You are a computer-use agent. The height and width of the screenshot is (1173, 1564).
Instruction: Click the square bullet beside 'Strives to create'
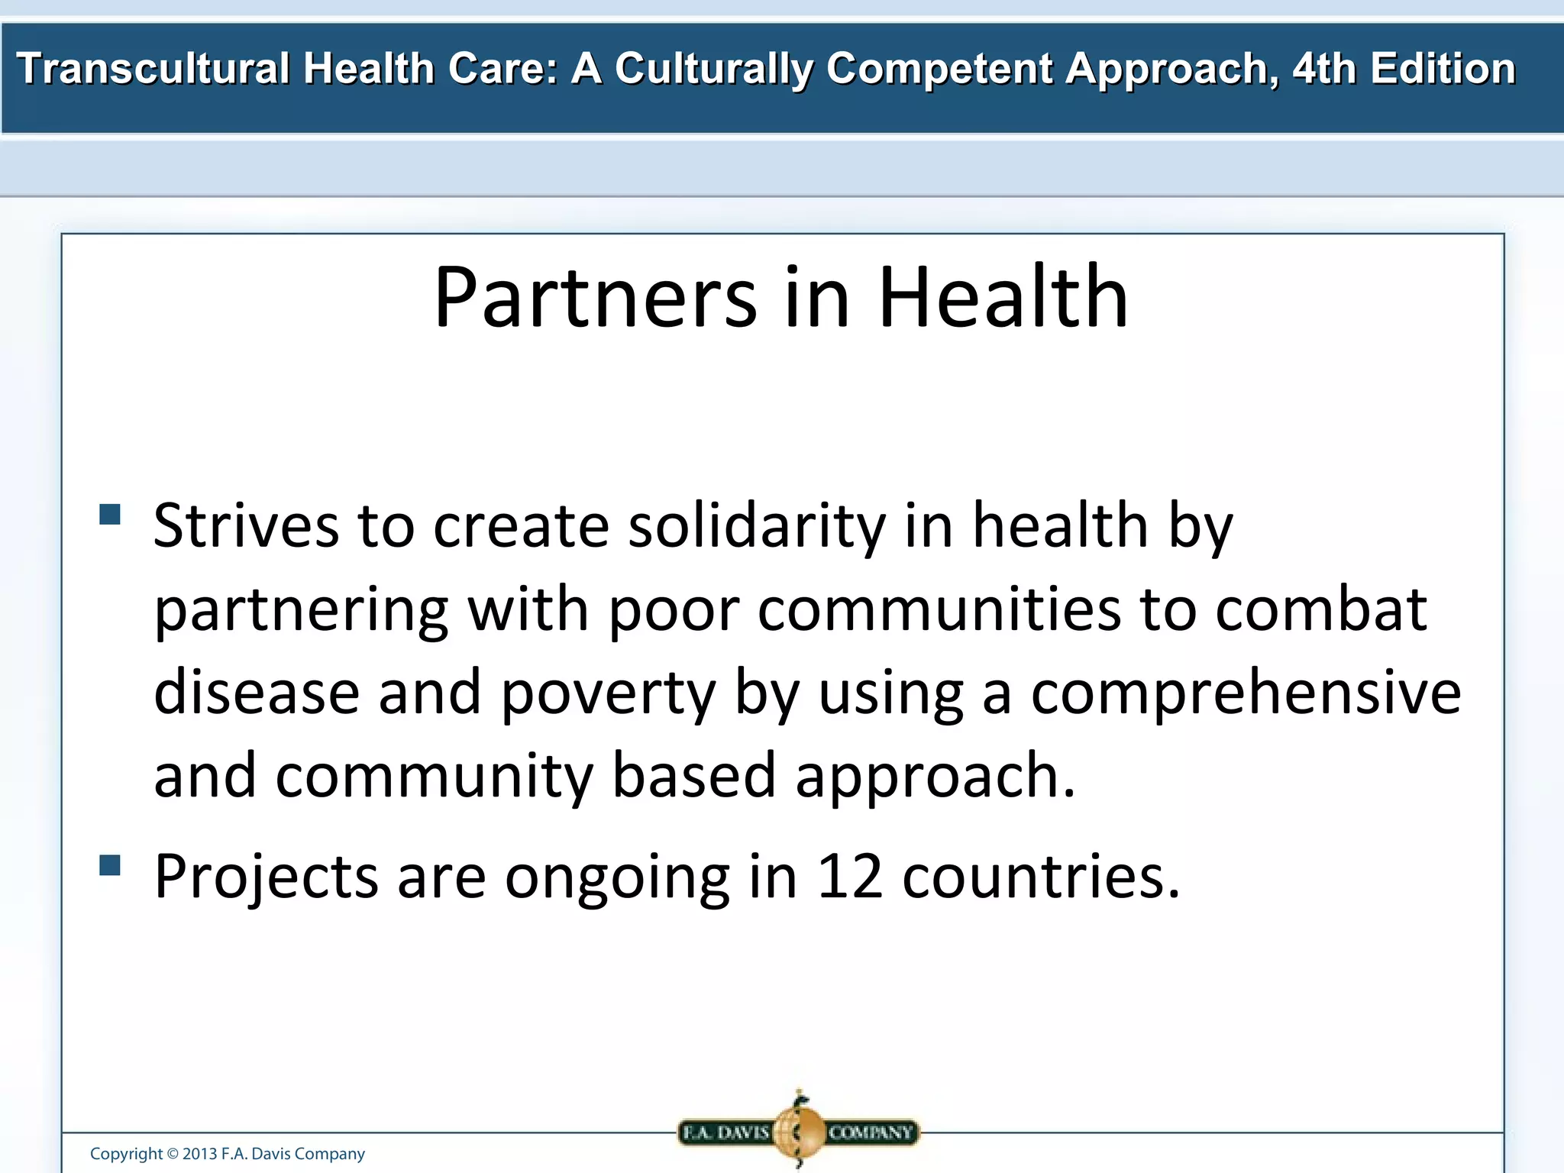point(110,514)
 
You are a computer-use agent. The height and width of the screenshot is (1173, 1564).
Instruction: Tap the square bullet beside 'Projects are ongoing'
point(110,865)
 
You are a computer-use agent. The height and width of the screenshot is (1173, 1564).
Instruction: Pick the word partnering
point(301,611)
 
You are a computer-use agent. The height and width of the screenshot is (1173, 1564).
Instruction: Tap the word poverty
point(608,693)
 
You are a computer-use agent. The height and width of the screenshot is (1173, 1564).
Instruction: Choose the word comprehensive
point(1246,693)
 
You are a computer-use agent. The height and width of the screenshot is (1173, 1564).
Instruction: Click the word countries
point(1040,876)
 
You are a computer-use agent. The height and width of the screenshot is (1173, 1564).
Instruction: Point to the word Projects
point(266,877)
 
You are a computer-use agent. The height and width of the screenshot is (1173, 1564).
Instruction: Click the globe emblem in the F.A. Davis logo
point(798,1131)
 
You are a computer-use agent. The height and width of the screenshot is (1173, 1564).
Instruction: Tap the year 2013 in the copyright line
point(199,1154)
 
